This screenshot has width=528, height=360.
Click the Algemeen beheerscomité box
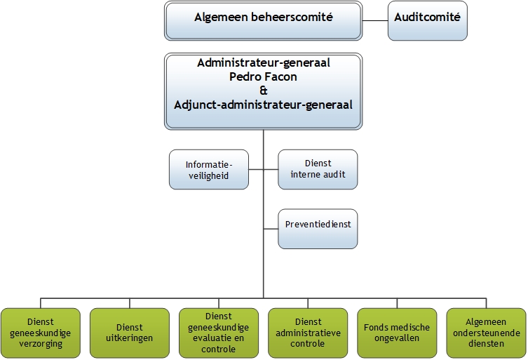pyautogui.click(x=263, y=19)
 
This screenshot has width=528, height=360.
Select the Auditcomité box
pyautogui.click(x=427, y=19)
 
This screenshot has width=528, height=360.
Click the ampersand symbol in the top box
pyautogui.click(x=263, y=91)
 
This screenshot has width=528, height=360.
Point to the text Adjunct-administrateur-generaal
pyautogui.click(x=263, y=105)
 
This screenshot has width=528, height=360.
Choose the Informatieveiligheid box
pyautogui.click(x=209, y=169)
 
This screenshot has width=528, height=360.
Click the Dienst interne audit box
pyautogui.click(x=318, y=169)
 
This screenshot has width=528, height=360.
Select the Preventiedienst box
pyautogui.click(x=318, y=229)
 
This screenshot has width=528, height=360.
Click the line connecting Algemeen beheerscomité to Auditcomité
pyautogui.click(x=374, y=19)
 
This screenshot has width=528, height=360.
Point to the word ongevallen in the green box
pyautogui.click(x=397, y=338)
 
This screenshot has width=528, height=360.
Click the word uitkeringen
pyautogui.click(x=130, y=338)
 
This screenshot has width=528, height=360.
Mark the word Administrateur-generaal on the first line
pyautogui.click(x=263, y=62)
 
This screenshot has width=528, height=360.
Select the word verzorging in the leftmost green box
pyautogui.click(x=41, y=344)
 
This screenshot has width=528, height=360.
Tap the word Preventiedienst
pyautogui.click(x=318, y=225)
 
